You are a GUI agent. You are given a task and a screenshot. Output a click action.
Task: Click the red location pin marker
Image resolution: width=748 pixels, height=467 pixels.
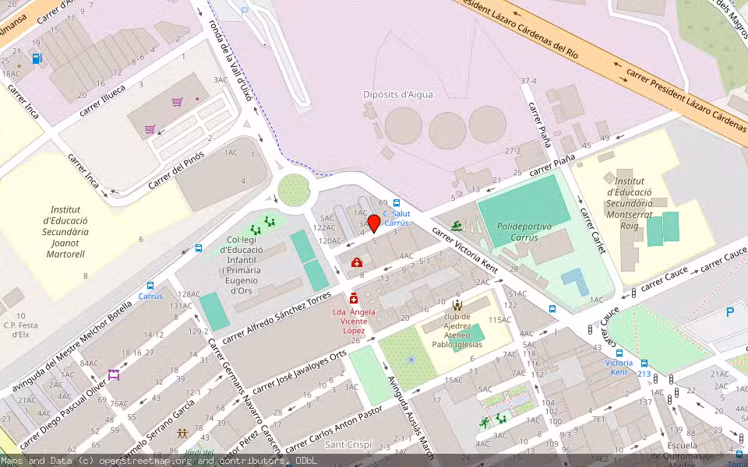pyautogui.click(x=374, y=223)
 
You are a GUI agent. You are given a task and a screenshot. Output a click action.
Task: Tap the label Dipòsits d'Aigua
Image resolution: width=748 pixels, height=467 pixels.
pyautogui.click(x=397, y=94)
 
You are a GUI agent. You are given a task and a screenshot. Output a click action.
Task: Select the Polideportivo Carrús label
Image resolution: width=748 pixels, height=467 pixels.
pyautogui.click(x=524, y=231)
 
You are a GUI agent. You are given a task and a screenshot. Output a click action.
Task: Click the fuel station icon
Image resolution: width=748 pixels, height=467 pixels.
pyautogui.click(x=37, y=58)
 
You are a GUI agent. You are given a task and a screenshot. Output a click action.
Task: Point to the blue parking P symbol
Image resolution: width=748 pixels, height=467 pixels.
pyautogui.click(x=730, y=312)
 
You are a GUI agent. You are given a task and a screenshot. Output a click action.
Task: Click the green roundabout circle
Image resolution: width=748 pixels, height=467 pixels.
pyautogui.click(x=294, y=189)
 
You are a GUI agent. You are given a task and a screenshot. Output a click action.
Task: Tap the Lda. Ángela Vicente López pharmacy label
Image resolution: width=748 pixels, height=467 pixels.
pyautogui.click(x=354, y=321)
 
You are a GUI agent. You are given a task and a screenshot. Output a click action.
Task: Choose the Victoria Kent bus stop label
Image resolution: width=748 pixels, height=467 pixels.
pyautogui.click(x=619, y=367)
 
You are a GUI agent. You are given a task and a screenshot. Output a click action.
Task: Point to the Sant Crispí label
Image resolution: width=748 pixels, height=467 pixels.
pyautogui.click(x=348, y=445)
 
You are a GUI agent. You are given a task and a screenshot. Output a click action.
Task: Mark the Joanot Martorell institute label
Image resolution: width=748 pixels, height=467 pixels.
pyautogui.click(x=65, y=231)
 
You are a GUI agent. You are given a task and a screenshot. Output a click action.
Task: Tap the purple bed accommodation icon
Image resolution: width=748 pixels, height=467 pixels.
pyautogui.click(x=114, y=375)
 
